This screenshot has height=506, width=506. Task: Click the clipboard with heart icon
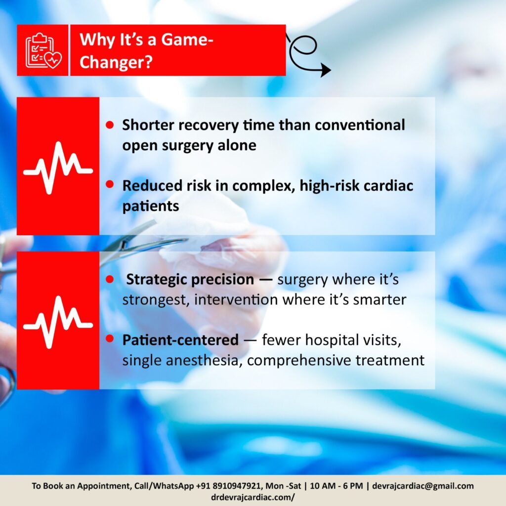pos(43,50)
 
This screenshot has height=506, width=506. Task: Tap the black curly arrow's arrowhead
pos(325,70)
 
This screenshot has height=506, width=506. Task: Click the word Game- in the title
pos(187,40)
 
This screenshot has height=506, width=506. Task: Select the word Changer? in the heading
pos(116,62)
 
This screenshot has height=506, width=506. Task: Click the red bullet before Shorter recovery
pos(110,125)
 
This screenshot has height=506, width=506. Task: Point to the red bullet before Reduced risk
pos(110,184)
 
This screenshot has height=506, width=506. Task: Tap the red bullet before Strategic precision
pos(110,279)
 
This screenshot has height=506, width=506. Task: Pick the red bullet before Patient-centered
pos(110,338)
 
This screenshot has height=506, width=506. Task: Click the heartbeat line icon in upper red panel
pos(58,168)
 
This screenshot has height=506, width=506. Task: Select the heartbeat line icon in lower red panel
pos(58,322)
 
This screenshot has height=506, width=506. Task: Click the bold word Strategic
pos(155,280)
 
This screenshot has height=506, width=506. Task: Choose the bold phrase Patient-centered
pos(180,340)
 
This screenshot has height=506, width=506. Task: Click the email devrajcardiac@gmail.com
pos(423,486)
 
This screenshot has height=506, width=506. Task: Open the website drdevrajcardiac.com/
pos(253,497)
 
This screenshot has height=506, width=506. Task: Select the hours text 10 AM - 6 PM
pos(336,486)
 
